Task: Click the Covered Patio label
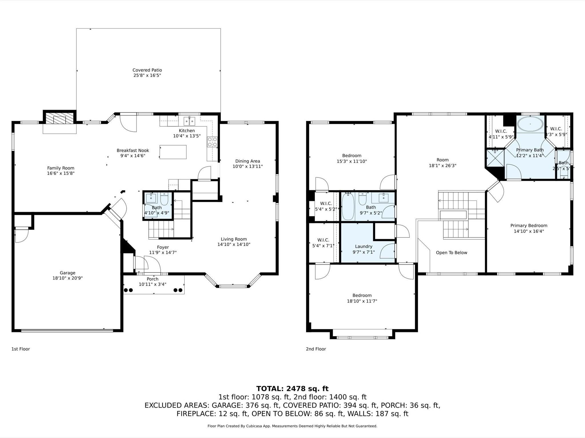tap(147, 70)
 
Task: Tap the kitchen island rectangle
tap(173, 152)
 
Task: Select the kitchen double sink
tap(189, 121)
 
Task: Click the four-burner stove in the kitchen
tap(212, 142)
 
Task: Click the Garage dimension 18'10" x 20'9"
tap(67, 278)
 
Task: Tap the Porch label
tap(152, 279)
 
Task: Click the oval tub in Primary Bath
tap(530, 124)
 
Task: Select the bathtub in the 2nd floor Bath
tap(348, 206)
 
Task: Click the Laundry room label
tap(364, 247)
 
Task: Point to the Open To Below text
tap(451, 253)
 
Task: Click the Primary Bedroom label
tap(529, 226)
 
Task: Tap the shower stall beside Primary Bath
tap(495, 158)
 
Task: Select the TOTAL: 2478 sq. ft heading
tap(292, 389)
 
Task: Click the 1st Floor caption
tap(21, 349)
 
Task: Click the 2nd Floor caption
tap(316, 349)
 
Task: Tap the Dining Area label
tap(247, 161)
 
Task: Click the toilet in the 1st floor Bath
tap(164, 198)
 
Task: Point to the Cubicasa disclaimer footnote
tap(292, 426)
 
